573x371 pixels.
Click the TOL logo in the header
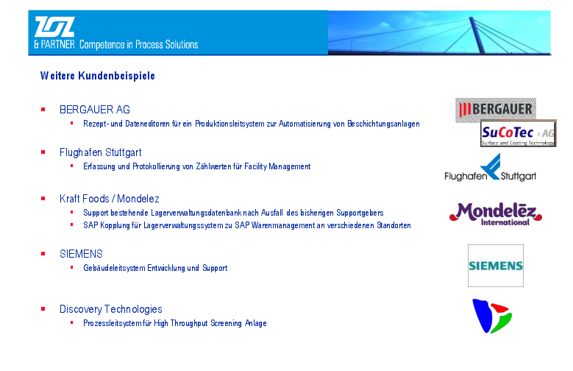55,26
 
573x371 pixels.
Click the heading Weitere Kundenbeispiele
98,76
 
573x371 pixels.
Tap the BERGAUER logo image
495,110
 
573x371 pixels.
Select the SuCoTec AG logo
518,133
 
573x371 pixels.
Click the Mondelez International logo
496,214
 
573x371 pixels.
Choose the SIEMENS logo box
496,266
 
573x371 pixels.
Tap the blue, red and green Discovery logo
492,316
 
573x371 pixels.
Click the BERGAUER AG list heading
95,110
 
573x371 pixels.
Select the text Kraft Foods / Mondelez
110,199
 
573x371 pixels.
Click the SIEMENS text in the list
81,254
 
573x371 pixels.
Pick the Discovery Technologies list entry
111,309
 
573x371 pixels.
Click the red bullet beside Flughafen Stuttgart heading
43,152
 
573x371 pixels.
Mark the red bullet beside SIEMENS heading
43,253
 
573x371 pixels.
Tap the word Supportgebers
360,213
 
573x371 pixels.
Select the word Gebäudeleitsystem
114,268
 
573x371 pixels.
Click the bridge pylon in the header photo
477,35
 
